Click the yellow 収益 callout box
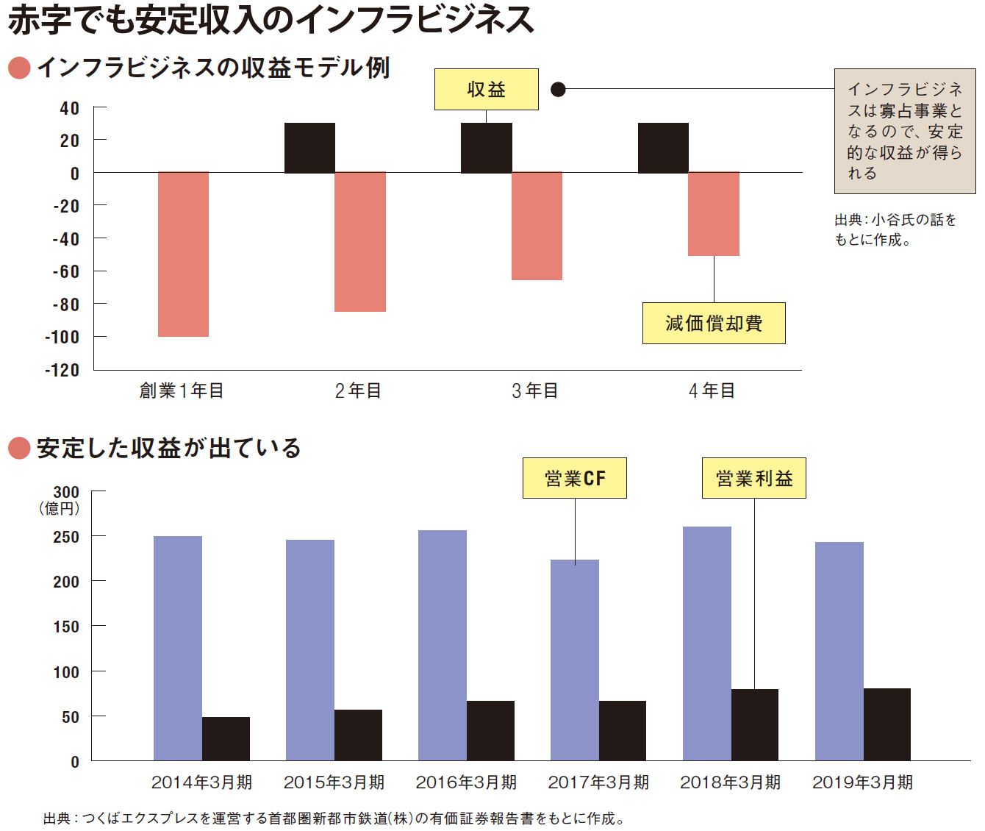point(486,90)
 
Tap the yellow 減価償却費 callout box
point(713,323)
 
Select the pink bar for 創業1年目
point(183,254)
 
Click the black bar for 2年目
point(309,148)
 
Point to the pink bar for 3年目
point(537,226)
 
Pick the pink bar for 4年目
point(713,214)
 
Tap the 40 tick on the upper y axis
point(69,108)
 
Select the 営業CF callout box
point(574,479)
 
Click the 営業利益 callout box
point(753,479)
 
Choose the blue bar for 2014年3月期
point(178,648)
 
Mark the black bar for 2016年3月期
point(490,730)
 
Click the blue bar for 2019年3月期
point(839,651)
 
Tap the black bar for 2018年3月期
point(755,724)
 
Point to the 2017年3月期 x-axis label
point(598,782)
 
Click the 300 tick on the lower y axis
point(66,492)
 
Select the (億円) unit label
point(59,508)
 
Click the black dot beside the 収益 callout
point(558,90)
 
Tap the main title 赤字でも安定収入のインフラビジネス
point(271,21)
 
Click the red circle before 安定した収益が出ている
point(18,448)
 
